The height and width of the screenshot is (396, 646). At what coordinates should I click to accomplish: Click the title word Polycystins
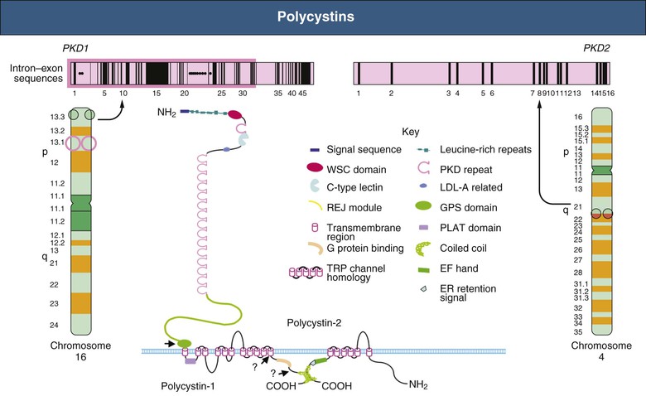(x=322, y=17)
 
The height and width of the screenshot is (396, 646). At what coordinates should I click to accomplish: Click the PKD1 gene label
(x=75, y=50)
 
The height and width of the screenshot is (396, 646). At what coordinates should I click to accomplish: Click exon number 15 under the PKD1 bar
(x=157, y=94)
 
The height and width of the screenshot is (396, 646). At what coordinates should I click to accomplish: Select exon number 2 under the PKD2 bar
(x=391, y=94)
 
